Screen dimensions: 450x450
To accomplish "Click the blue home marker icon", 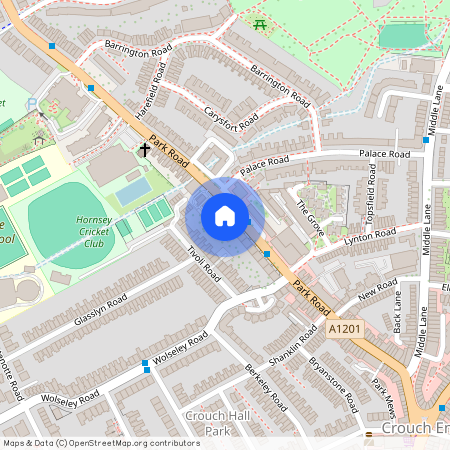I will (x=225, y=215).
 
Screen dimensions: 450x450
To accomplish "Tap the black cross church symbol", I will (x=145, y=150).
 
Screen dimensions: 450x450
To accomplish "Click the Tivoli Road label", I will (x=198, y=256).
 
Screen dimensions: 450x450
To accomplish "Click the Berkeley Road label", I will (x=266, y=386).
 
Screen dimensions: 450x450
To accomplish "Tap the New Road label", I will (x=377, y=291).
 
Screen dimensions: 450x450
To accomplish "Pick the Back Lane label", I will (x=397, y=313).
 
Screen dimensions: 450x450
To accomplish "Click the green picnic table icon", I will (x=261, y=24).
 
